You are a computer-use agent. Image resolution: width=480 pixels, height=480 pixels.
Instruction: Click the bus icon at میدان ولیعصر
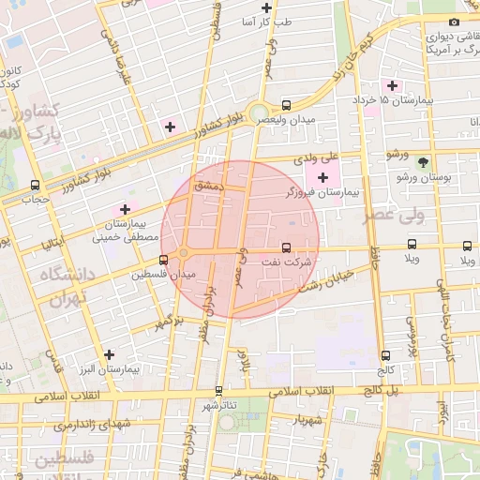tap(285, 106)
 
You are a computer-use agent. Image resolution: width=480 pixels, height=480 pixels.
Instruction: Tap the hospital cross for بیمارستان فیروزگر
tap(323, 177)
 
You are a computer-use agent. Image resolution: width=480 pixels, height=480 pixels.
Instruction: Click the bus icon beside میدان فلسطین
tap(164, 260)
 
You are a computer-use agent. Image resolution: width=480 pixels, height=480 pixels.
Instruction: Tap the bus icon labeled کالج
tap(385, 355)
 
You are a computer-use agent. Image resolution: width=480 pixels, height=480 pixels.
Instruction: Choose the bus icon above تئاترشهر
tap(219, 390)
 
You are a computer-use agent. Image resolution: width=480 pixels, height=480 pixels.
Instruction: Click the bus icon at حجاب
tap(36, 185)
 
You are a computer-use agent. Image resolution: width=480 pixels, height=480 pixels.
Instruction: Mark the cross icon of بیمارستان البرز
tap(111, 354)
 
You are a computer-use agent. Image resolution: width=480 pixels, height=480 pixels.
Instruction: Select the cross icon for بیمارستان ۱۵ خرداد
tap(393, 86)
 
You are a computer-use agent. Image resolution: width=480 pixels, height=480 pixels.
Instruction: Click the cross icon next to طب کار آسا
tap(267, 7)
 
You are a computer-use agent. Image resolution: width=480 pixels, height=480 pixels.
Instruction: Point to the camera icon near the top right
tap(455, 22)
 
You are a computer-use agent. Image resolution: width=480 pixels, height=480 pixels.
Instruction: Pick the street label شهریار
tap(307, 419)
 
